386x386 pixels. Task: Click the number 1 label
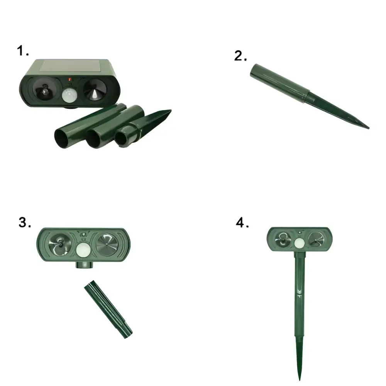23,51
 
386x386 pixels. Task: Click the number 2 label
240,56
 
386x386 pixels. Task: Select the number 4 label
242,223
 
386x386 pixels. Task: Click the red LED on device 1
69,79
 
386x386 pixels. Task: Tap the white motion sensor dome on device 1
69,96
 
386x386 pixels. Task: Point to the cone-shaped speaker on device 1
95,90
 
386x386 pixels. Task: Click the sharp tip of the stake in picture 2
368,128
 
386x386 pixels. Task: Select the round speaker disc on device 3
107,245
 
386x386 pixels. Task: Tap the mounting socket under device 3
85,265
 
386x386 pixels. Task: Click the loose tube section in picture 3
108,309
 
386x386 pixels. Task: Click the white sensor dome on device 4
300,243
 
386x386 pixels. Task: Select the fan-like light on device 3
60,245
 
